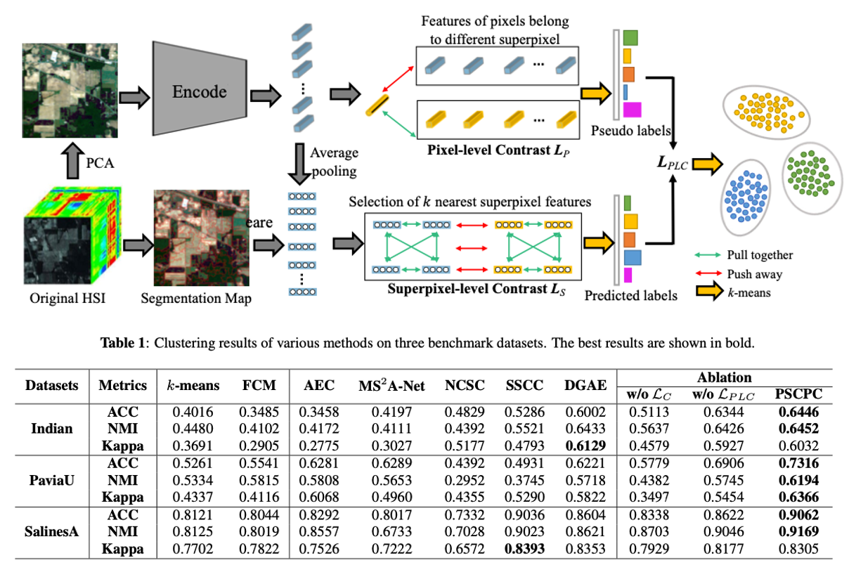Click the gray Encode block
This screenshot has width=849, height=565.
pos(200,91)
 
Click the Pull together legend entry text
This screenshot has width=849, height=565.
pos(760,256)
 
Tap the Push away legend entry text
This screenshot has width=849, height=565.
pos(753,274)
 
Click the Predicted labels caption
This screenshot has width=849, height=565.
pos(630,296)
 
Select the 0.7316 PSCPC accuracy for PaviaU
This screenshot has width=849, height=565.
pos(796,463)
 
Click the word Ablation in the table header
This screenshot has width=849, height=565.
pos(725,377)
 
